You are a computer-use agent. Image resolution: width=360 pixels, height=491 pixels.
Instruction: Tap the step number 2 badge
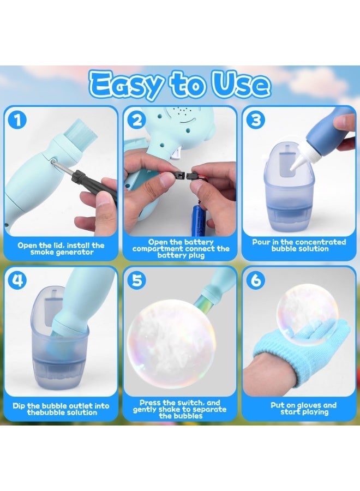(137, 119)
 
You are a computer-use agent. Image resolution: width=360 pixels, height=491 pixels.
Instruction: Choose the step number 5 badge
(137, 280)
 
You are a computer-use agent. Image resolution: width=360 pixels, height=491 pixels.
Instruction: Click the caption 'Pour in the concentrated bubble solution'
(299, 245)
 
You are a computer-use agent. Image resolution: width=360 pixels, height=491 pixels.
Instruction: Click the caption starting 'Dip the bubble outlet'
(61, 409)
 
